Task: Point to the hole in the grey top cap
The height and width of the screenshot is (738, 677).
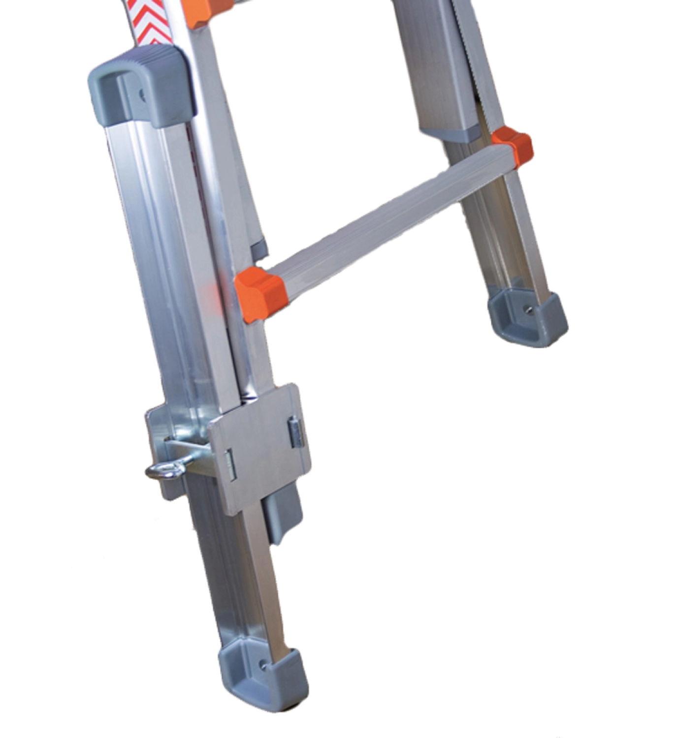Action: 142,93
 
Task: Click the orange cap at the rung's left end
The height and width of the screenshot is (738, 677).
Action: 260,293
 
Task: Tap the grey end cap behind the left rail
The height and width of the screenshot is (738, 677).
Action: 261,248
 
